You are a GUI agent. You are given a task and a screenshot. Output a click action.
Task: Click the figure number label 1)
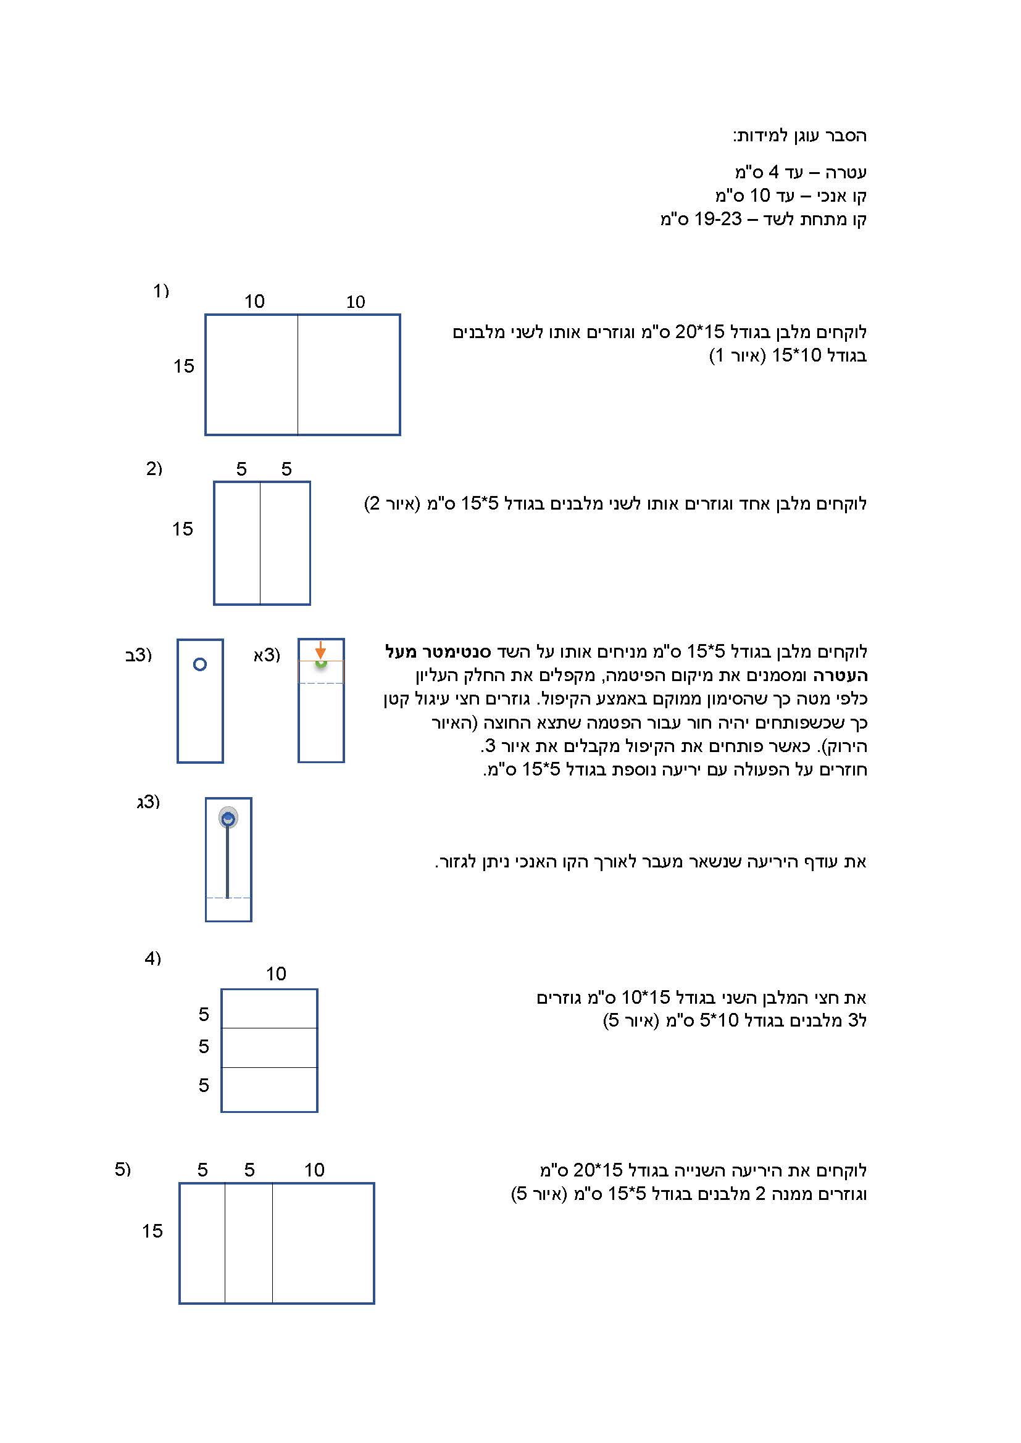(161, 291)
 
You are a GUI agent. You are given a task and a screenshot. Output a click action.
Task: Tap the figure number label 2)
(154, 468)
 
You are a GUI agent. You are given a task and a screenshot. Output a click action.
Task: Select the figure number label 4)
(152, 958)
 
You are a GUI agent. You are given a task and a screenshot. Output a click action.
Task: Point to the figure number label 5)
(123, 1169)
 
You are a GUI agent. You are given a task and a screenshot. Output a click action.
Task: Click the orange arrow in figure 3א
(320, 649)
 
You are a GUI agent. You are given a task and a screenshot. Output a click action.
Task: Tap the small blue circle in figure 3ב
(200, 664)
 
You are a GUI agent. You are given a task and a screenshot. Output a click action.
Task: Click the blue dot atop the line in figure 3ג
(228, 818)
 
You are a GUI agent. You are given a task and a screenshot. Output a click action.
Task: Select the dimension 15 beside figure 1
(183, 366)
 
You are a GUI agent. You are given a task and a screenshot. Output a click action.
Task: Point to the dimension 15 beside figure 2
(182, 529)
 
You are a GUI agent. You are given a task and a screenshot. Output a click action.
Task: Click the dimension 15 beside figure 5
(152, 1231)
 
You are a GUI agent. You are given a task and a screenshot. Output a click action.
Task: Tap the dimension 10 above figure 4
(275, 974)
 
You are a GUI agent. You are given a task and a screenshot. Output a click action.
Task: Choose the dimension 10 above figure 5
(314, 1170)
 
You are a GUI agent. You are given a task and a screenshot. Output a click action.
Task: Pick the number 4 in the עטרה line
(773, 172)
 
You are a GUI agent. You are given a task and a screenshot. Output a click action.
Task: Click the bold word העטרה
(840, 676)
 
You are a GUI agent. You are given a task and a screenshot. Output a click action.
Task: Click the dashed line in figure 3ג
(228, 898)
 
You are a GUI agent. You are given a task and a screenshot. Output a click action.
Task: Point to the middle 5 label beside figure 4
(204, 1046)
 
